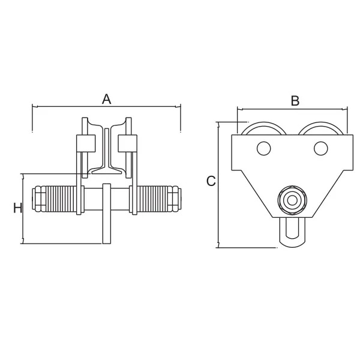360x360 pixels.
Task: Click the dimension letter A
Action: point(107,99)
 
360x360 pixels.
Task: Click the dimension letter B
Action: point(295,101)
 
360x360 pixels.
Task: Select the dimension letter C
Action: point(211,181)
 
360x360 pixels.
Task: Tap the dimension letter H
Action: point(17,208)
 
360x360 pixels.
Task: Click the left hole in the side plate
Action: point(264,148)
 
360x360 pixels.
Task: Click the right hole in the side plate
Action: point(321,148)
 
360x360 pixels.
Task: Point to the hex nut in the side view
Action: point(292,200)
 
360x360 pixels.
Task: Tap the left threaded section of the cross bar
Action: point(61,199)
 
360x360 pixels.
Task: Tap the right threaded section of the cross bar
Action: point(152,199)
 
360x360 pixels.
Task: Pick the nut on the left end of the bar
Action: point(39,199)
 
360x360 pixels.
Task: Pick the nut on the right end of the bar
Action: point(175,199)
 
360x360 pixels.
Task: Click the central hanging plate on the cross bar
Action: point(107,214)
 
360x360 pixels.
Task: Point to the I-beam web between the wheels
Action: point(107,149)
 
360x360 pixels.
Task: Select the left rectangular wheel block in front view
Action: point(86,143)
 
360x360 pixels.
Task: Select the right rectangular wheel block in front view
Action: point(127,143)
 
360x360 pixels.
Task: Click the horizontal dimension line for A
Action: point(107,107)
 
